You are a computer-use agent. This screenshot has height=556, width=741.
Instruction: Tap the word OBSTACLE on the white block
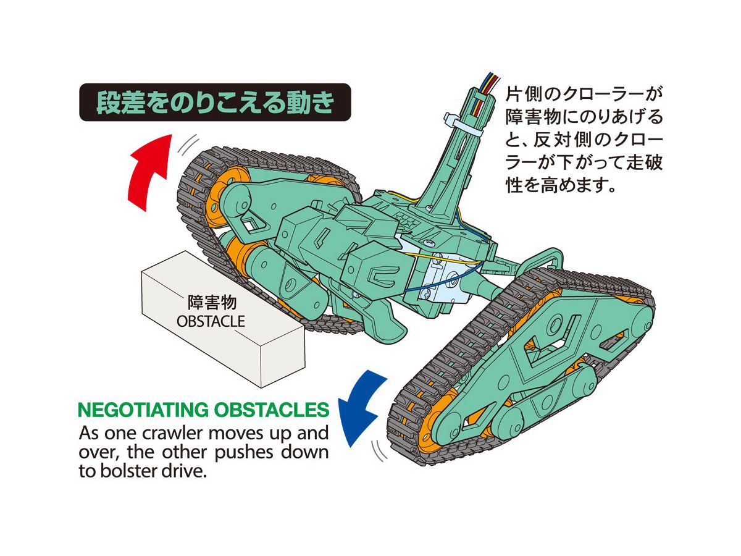pyautogui.click(x=211, y=321)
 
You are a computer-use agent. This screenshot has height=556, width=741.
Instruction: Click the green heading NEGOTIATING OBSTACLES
pyautogui.click(x=203, y=410)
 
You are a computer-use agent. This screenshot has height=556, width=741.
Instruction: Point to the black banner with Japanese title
pyautogui.click(x=214, y=103)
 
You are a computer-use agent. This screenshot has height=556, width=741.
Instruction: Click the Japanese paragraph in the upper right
pyautogui.click(x=583, y=140)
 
